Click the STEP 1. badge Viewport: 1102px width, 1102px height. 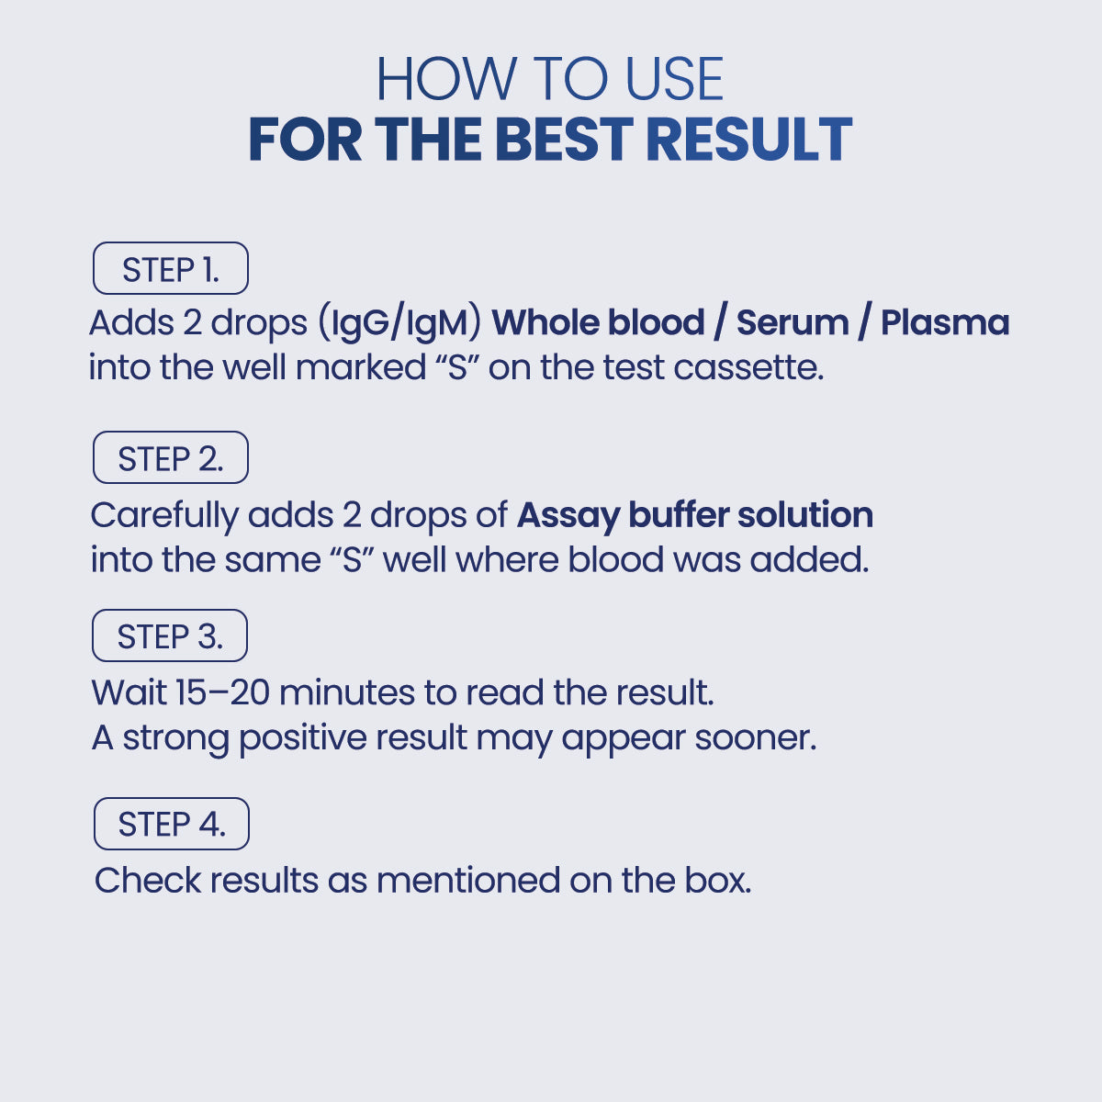click(x=171, y=268)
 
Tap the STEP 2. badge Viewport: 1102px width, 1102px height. click(x=171, y=457)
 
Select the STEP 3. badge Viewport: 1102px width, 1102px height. click(x=170, y=635)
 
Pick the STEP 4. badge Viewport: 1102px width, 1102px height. click(x=172, y=824)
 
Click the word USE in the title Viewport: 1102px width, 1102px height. click(x=675, y=79)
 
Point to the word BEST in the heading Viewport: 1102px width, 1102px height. click(x=564, y=140)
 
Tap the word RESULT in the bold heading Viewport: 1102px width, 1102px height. click(x=749, y=140)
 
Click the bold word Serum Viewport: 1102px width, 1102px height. click(x=793, y=322)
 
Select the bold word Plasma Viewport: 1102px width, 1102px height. click(x=945, y=322)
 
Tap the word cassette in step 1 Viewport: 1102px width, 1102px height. click(x=748, y=367)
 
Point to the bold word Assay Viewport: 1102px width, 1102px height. click(x=568, y=516)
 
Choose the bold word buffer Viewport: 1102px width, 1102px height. click(x=679, y=514)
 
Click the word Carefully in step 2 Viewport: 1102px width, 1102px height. click(x=164, y=516)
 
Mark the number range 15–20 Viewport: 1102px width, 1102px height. click(x=222, y=692)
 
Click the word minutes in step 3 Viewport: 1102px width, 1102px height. click(x=346, y=692)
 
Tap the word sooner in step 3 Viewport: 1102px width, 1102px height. click(x=756, y=738)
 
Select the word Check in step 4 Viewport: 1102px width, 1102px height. click(x=148, y=880)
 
